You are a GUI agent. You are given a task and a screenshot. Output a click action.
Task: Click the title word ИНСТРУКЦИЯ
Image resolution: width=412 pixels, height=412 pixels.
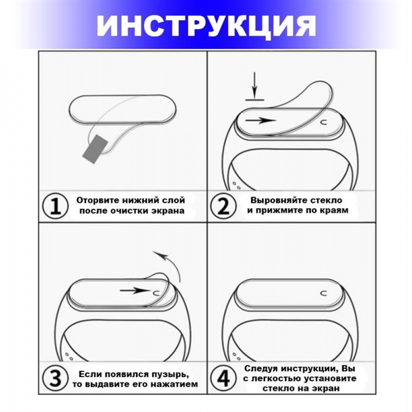click(206, 26)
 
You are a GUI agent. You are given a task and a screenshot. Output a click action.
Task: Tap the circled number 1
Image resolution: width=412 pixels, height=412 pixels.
click(55, 206)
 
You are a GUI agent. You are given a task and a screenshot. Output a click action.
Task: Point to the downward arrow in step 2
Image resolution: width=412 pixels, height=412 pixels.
click(255, 84)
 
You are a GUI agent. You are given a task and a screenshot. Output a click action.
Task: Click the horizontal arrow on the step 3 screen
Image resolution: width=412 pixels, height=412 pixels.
click(134, 290)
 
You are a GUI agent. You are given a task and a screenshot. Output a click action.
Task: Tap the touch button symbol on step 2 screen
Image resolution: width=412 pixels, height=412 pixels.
click(324, 122)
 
